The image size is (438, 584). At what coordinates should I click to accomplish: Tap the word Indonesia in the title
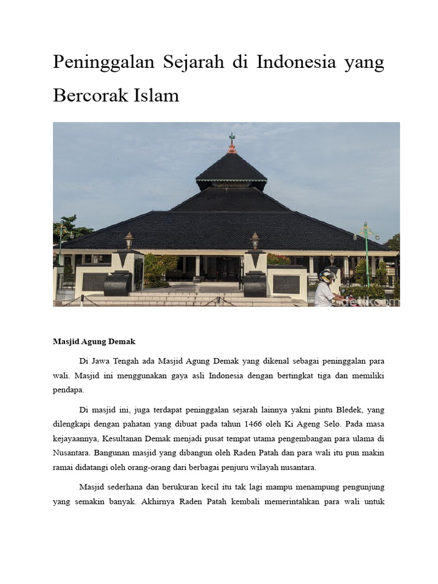pos(297,63)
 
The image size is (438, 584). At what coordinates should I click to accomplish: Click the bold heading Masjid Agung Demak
pos(94,342)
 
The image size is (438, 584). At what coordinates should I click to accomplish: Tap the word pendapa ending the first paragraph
pos(68,390)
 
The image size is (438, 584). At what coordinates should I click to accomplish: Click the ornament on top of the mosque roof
pos(232,143)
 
